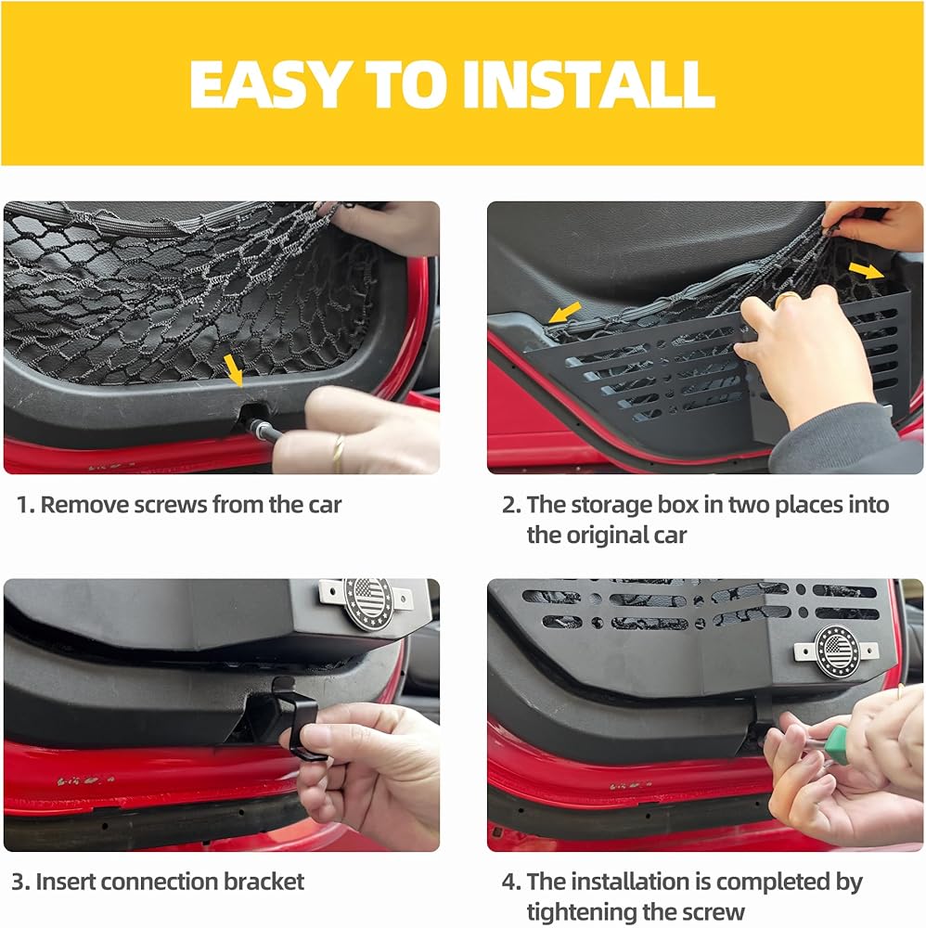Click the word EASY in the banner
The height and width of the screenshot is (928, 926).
(268, 84)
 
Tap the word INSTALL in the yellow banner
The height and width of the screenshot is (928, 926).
(589, 84)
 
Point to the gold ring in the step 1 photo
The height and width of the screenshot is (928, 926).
(337, 454)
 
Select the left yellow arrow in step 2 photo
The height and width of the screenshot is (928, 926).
(564, 312)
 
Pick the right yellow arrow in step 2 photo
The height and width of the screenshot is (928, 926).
(867, 270)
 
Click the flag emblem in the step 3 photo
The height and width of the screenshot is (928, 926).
(367, 603)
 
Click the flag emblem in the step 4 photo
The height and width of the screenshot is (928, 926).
(837, 651)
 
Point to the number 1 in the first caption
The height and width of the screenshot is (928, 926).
(22, 505)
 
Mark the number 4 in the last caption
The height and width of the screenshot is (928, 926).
(508, 882)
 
